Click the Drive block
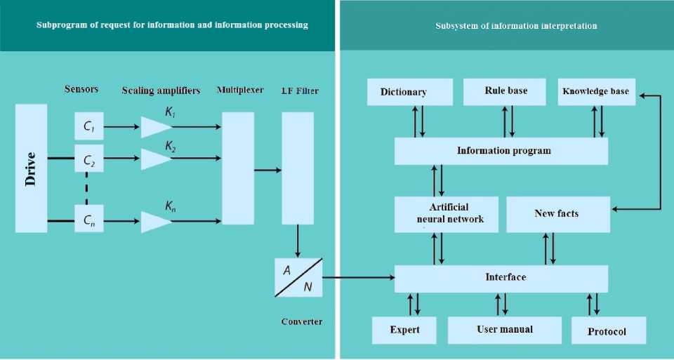[31, 168]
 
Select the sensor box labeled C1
[89, 126]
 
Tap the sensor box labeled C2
[89, 160]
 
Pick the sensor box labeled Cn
[89, 220]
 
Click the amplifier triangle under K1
[155, 127]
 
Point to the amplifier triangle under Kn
[155, 222]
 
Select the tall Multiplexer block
[237, 168]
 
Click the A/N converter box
[298, 276]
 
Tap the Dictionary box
[409, 92]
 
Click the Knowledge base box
[596, 91]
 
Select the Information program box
[501, 151]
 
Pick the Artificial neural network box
[446, 214]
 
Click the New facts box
[557, 214]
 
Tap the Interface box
[501, 278]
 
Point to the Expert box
[404, 330]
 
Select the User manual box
[505, 329]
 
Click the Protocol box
[608, 331]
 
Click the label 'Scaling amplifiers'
[161, 91]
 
